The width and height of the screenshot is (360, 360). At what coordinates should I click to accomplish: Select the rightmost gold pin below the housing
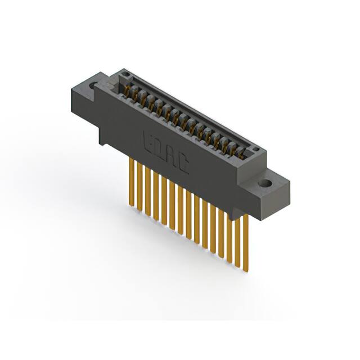[x=245, y=242]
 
